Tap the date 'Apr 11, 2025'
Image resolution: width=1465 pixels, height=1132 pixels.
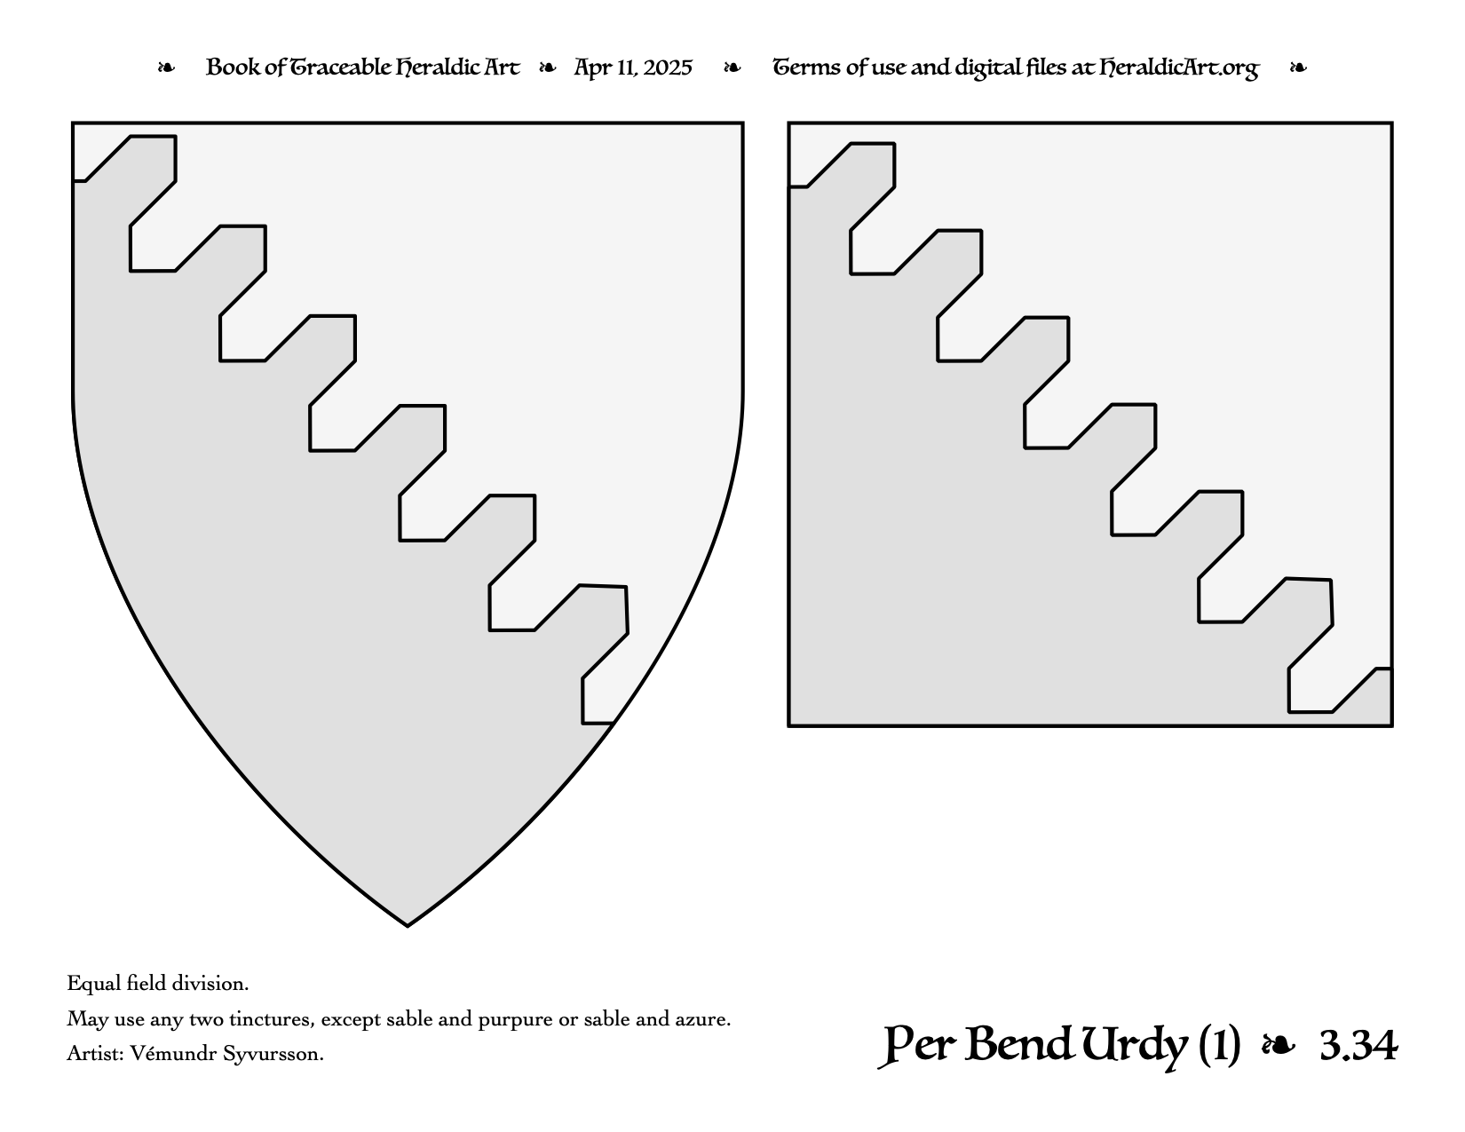tap(633, 68)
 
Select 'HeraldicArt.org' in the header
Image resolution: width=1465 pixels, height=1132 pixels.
tap(1178, 68)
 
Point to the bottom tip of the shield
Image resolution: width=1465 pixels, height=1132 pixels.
tap(408, 926)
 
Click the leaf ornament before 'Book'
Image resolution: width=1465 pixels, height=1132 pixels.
tap(166, 68)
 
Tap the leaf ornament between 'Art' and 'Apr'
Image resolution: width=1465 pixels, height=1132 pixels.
tap(548, 68)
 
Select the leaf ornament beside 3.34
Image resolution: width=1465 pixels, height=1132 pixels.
tap(1279, 1046)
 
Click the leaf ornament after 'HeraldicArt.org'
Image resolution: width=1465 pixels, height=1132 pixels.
tap(1298, 68)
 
